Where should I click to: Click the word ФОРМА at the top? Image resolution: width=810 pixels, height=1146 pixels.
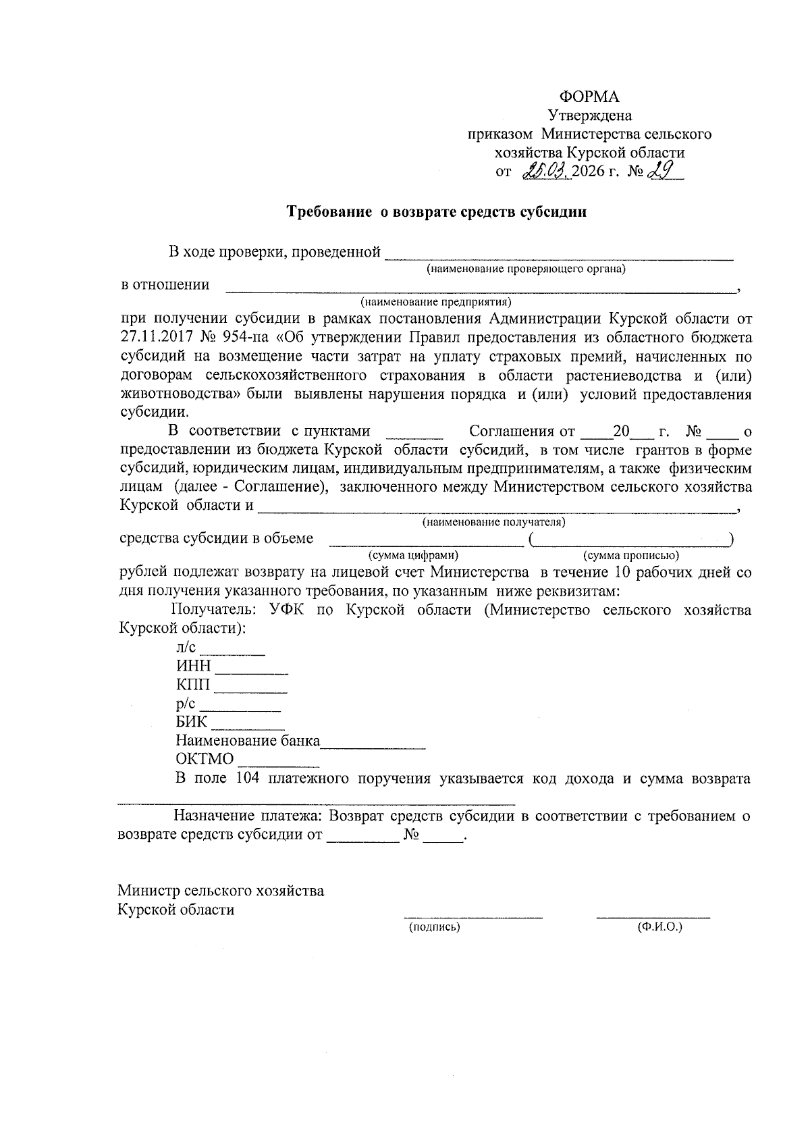[589, 97]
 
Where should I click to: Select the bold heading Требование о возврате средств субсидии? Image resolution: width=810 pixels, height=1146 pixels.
[437, 212]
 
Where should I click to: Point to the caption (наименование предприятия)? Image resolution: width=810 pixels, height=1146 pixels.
[435, 301]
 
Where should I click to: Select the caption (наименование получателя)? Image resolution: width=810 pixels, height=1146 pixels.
[493, 523]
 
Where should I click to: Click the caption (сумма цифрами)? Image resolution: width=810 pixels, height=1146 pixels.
[413, 556]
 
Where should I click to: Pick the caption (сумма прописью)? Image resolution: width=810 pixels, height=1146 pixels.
[631, 556]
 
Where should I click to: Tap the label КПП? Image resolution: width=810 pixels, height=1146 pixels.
[193, 685]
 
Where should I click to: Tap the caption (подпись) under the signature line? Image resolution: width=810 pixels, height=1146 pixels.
[435, 927]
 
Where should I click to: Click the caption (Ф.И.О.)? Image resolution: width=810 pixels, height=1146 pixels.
[659, 927]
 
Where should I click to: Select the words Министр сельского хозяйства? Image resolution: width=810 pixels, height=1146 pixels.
[221, 891]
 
